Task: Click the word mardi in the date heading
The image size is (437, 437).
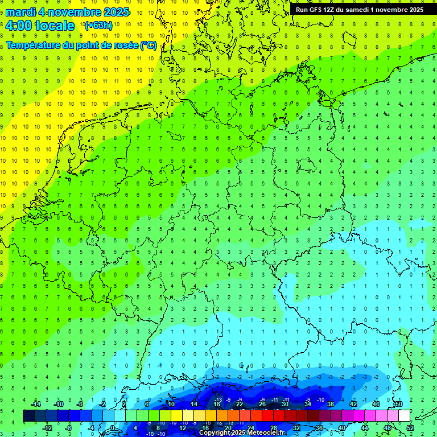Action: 20,12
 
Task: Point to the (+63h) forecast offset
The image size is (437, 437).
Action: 98,25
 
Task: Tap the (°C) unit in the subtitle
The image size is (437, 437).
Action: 149,45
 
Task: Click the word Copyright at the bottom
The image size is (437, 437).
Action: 215,433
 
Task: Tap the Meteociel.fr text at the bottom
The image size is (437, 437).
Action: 266,433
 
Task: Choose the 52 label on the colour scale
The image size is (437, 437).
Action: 410,427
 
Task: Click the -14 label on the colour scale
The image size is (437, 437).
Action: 37,404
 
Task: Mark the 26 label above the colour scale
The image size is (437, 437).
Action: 262,404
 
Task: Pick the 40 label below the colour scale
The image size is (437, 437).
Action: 341,427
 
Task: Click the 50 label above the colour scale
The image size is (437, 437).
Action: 398,404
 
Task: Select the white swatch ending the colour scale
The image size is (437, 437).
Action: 404,416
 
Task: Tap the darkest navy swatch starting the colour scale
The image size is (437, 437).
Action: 29,416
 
